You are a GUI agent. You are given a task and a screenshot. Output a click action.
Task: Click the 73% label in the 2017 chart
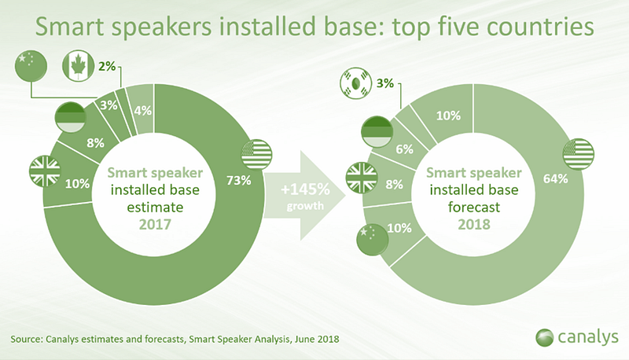coord(239,181)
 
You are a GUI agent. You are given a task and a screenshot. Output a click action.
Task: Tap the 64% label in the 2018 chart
coord(555,178)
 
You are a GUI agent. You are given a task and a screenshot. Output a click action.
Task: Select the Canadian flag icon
coord(78,66)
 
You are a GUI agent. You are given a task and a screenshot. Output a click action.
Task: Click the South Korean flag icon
coord(356,83)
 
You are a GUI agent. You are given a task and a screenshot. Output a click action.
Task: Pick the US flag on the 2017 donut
coord(257,154)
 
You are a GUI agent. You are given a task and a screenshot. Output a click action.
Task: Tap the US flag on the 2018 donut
coord(579,154)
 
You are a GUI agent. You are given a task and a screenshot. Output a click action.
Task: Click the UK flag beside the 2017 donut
coord(45,171)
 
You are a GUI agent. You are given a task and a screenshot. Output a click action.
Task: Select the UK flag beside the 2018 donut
coord(362,178)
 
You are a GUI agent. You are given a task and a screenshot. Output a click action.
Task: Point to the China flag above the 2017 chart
coord(31,66)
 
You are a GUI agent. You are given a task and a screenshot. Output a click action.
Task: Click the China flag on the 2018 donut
coord(372,240)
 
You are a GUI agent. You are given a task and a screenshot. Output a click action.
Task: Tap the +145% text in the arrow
coord(305,189)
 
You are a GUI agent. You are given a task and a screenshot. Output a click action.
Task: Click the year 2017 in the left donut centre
coord(155,225)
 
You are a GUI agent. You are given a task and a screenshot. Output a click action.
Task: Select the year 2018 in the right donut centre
coord(474,225)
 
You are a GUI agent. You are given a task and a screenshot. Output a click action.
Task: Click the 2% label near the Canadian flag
coord(107,66)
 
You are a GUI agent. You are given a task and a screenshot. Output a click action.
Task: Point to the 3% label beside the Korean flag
coord(385,83)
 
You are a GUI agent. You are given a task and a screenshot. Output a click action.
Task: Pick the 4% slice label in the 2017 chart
coord(143,111)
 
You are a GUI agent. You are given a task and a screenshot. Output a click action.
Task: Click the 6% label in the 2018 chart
coord(404,149)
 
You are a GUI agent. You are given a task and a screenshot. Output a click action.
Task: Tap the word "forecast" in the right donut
coord(474,208)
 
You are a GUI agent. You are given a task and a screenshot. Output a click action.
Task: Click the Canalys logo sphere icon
coord(544,337)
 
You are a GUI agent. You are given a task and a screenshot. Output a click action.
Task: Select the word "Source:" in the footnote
coord(27,339)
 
